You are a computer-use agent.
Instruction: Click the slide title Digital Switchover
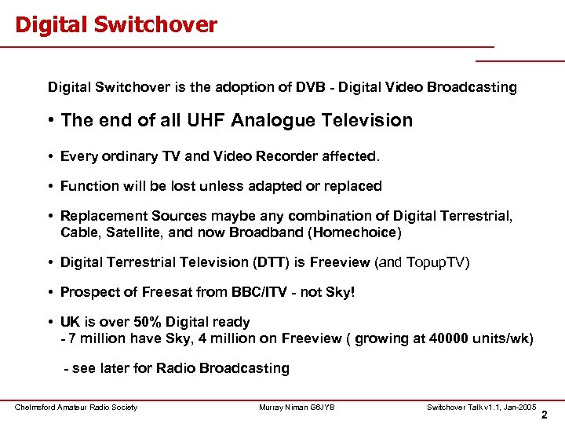point(116,25)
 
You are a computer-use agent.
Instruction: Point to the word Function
point(89,186)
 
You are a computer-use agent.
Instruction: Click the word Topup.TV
point(436,262)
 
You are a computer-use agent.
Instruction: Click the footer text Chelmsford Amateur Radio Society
point(76,407)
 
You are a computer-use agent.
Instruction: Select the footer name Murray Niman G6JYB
point(297,407)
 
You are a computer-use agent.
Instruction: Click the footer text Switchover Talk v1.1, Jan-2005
point(481,407)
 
